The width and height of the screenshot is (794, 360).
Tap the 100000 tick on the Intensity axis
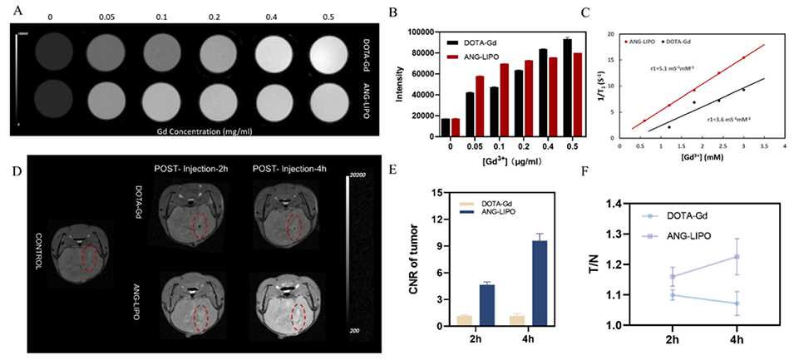click(424, 32)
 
